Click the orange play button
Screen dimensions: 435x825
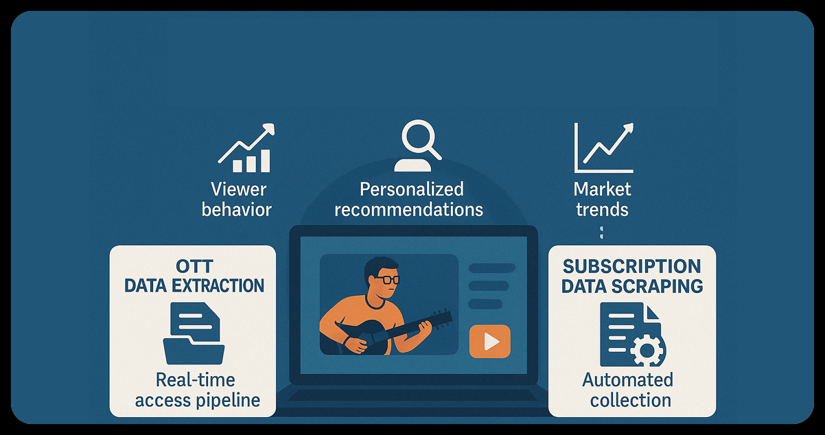point(489,341)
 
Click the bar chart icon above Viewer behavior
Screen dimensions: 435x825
point(246,149)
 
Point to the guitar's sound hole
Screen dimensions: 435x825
point(365,336)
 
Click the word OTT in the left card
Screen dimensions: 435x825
point(194,266)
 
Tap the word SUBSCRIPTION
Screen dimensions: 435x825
point(631,266)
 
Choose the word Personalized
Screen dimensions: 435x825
point(411,189)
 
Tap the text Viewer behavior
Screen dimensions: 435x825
point(237,199)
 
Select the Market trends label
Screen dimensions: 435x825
point(602,199)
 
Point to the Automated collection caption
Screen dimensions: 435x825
point(627,390)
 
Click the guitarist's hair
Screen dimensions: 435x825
point(380,265)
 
